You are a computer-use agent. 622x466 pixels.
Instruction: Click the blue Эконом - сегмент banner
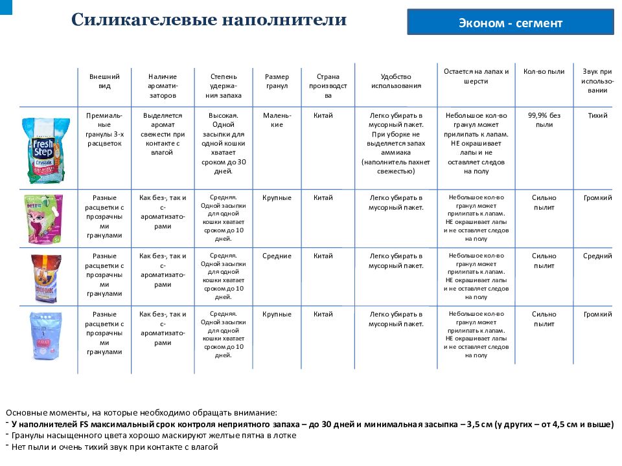(x=510, y=23)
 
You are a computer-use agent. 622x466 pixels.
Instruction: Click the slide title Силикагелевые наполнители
(x=209, y=19)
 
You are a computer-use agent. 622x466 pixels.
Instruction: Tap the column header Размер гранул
(x=277, y=81)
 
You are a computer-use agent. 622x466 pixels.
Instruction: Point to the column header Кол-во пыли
(x=544, y=72)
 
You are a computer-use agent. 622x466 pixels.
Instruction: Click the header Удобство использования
(x=396, y=81)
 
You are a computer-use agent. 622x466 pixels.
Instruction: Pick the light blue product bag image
(x=43, y=337)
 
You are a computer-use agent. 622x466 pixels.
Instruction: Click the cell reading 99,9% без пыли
(x=544, y=120)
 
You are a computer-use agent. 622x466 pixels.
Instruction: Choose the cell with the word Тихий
(x=597, y=115)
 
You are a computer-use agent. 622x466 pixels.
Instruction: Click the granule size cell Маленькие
(x=277, y=120)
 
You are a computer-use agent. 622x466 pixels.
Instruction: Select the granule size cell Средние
(x=277, y=256)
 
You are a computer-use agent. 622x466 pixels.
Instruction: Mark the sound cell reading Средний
(x=597, y=256)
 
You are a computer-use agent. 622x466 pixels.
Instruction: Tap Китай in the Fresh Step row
(x=323, y=115)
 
